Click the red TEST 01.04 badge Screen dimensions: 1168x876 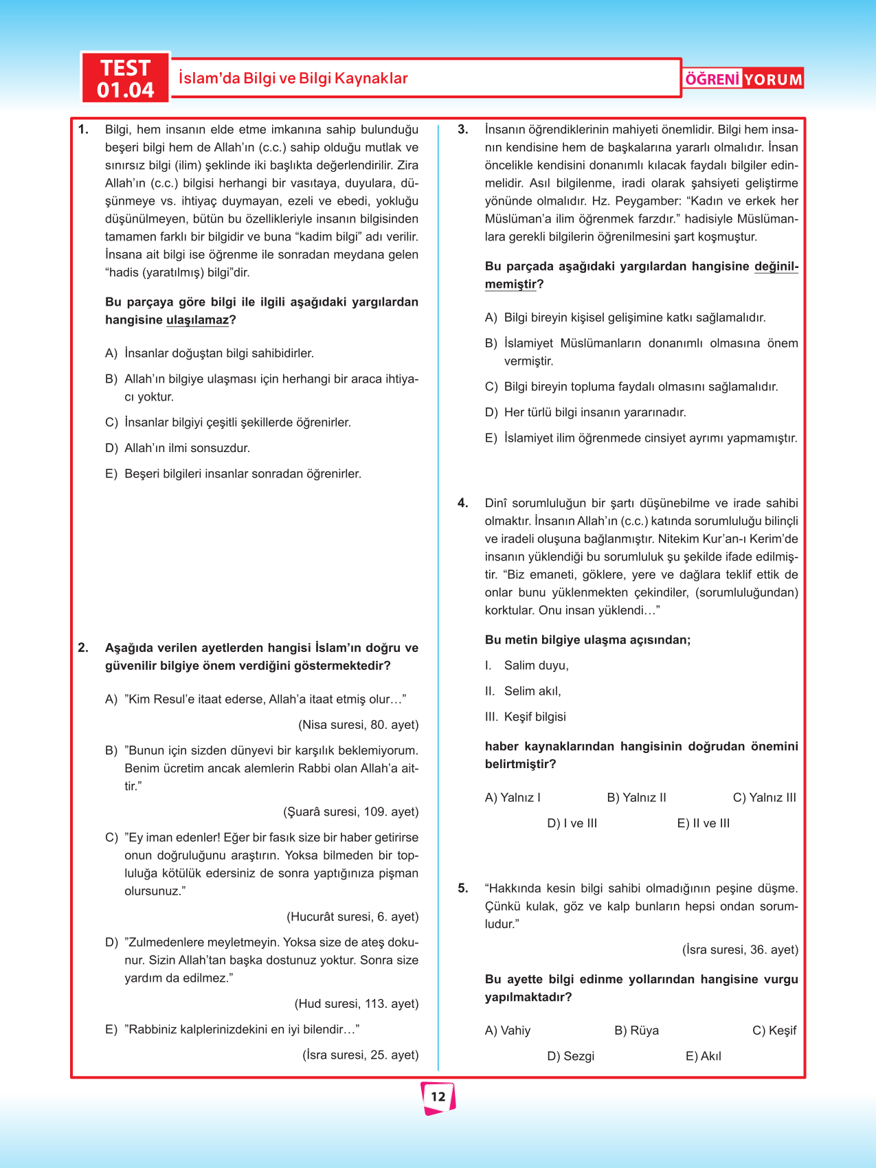pos(125,78)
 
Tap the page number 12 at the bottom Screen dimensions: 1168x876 pos(438,1097)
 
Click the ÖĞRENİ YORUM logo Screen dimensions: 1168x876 pos(743,79)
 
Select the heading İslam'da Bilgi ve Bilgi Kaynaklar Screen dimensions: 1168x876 pos(293,78)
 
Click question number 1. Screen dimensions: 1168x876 pos(83,129)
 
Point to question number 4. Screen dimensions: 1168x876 pos(463,503)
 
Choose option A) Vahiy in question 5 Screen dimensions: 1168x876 pos(508,1031)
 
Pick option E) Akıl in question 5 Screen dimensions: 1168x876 pos(703,1056)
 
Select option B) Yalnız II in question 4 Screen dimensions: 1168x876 pos(636,798)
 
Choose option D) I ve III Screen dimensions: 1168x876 pos(572,823)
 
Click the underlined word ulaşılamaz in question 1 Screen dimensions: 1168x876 pos(197,320)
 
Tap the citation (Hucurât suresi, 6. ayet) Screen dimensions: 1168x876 pos(352,917)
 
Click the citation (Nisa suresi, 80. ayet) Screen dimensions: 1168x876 pos(358,725)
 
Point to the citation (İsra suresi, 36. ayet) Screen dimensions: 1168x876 pos(740,950)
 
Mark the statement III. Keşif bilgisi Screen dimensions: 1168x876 pos(526,717)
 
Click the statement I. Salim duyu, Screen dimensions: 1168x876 pos(527,665)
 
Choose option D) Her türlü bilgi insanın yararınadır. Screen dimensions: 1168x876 pos(585,412)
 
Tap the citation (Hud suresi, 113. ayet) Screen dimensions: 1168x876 pos(356,1004)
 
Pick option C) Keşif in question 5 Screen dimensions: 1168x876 pos(774,1031)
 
